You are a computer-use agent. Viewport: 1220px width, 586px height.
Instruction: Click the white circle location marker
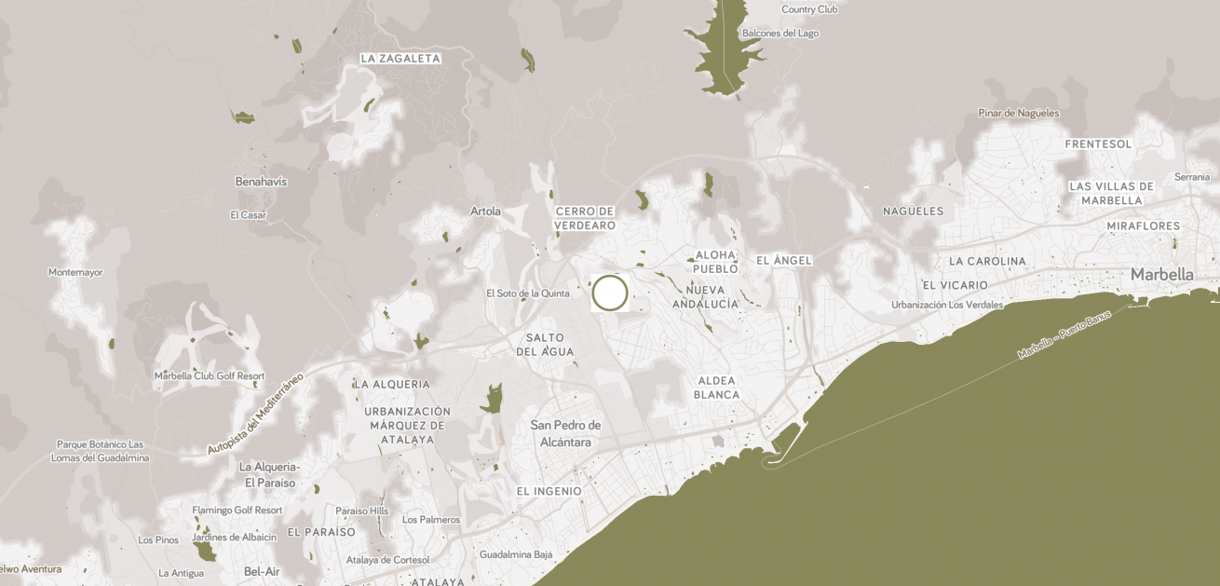(610, 293)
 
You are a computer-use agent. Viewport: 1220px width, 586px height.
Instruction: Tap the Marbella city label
(1161, 275)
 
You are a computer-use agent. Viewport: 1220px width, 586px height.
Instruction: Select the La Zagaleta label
(400, 58)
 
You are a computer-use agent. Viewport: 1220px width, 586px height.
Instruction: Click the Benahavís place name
(261, 182)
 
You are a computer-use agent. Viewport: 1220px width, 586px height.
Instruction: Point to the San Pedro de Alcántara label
(566, 433)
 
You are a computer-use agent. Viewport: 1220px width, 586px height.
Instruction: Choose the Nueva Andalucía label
(705, 297)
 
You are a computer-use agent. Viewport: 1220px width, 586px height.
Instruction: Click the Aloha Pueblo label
(715, 262)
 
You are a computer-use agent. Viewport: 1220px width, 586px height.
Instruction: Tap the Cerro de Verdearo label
(585, 218)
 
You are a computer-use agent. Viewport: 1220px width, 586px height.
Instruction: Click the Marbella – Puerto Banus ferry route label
(1064, 335)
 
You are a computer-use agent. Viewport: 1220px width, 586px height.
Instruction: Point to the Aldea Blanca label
(716, 388)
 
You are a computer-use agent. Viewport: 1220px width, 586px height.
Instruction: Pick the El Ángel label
(784, 260)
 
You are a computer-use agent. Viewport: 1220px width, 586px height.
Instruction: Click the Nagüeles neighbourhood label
(913, 211)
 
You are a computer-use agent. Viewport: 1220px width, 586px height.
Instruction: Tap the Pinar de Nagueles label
(1018, 114)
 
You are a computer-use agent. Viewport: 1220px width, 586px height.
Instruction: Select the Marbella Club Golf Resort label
(210, 376)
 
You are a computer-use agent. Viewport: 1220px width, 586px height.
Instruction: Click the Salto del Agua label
(546, 345)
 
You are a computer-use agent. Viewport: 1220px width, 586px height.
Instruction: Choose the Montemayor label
(75, 273)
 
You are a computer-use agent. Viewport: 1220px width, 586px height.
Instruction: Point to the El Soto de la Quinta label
(527, 293)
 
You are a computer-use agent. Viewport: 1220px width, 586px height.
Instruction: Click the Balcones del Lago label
(779, 34)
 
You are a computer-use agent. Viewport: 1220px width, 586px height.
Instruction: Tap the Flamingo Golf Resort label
(237, 511)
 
